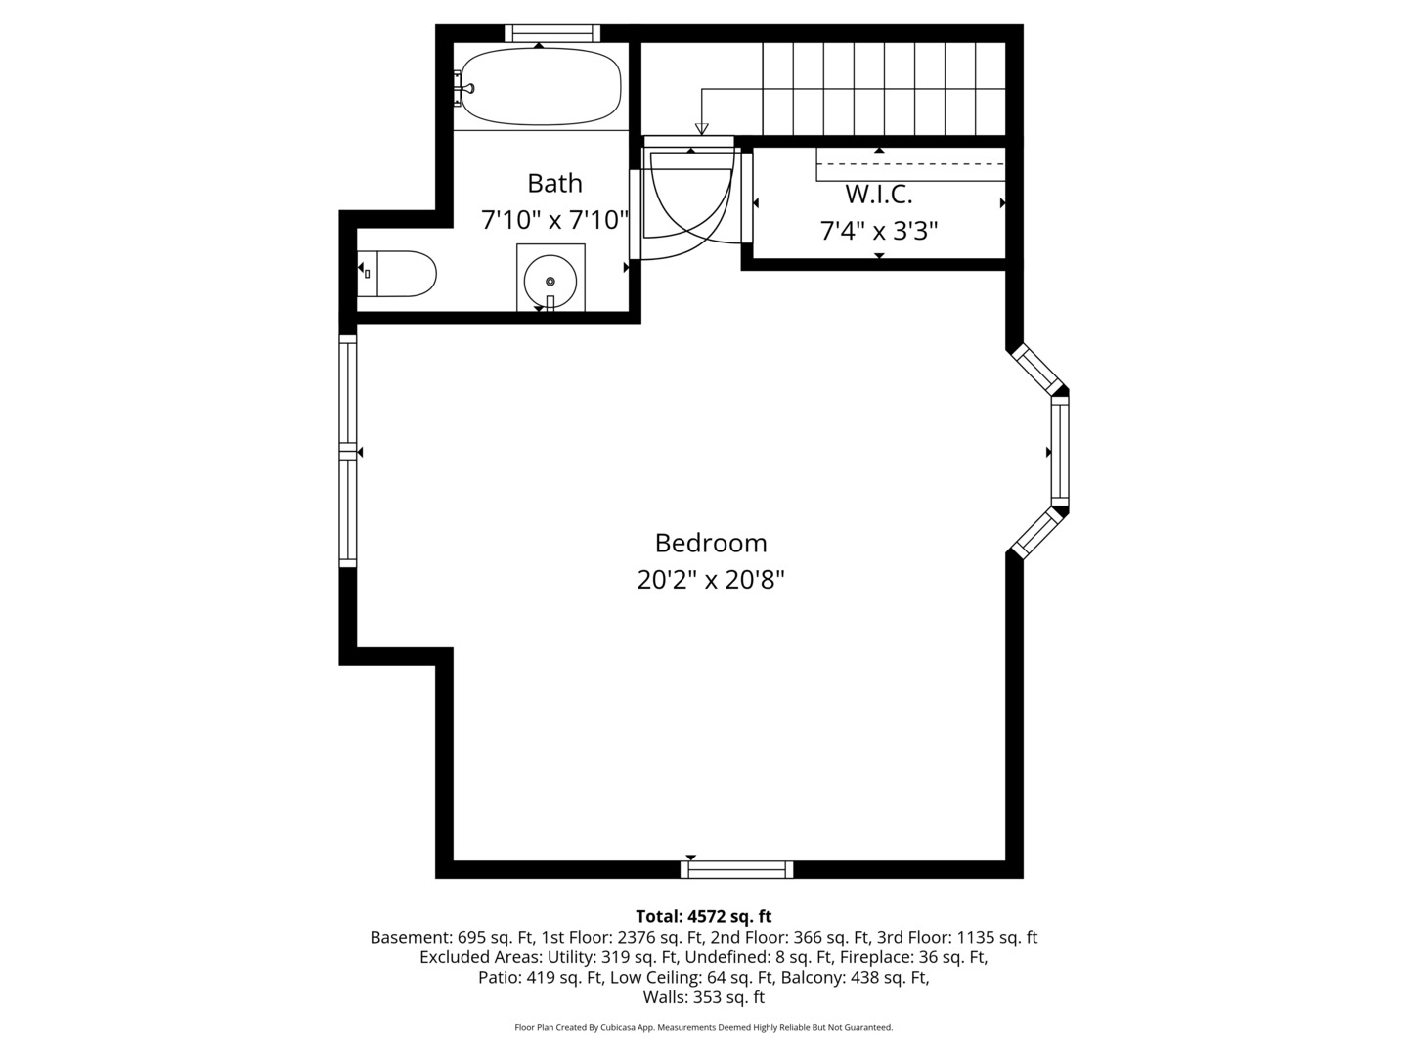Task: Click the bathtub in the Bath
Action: pyautogui.click(x=541, y=87)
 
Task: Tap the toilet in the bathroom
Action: pyautogui.click(x=397, y=274)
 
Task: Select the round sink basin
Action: pyautogui.click(x=550, y=281)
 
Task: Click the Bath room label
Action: pyautogui.click(x=554, y=184)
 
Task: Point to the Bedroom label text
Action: pyautogui.click(x=711, y=543)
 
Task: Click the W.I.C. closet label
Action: pyautogui.click(x=879, y=195)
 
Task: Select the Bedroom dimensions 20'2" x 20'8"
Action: pyautogui.click(x=711, y=580)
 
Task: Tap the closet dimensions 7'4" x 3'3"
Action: pyautogui.click(x=879, y=230)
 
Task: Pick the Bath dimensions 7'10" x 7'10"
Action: pyautogui.click(x=554, y=220)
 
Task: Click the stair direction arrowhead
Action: pyautogui.click(x=702, y=129)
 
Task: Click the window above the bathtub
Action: pyautogui.click(x=552, y=33)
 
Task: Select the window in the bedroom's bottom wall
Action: pyautogui.click(x=737, y=870)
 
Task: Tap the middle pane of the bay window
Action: pyautogui.click(x=1060, y=452)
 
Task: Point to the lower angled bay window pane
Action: pyautogui.click(x=1037, y=533)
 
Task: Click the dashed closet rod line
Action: pyautogui.click(x=910, y=163)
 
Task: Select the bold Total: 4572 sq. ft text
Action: pyautogui.click(x=704, y=916)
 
